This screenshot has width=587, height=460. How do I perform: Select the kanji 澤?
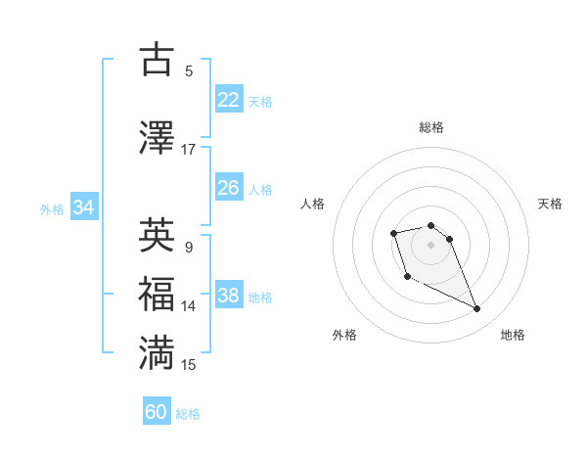click(158, 137)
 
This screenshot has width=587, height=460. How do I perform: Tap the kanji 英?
click(158, 236)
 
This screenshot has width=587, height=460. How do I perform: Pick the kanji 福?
click(158, 295)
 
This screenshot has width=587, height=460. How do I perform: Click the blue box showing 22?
click(229, 99)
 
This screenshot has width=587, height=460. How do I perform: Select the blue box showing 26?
click(229, 188)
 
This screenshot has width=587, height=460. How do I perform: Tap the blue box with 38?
click(229, 296)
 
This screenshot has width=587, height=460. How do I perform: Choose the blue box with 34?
click(84, 207)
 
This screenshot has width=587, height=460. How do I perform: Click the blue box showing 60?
click(157, 412)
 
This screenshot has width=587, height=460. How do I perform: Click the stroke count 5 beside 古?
click(188, 70)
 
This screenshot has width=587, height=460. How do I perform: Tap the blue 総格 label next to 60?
click(188, 414)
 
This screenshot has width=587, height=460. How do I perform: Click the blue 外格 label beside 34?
click(52, 209)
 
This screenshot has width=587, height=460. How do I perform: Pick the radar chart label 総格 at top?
click(431, 128)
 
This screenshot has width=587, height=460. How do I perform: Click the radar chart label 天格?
click(550, 204)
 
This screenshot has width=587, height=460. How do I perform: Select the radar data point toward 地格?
click(477, 309)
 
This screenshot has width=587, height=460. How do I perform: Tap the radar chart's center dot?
click(431, 244)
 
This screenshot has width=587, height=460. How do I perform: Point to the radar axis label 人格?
click(313, 204)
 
